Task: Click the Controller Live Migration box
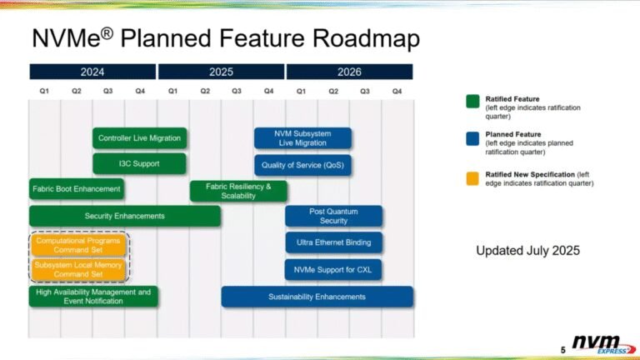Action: click(x=139, y=138)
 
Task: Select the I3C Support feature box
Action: click(x=139, y=164)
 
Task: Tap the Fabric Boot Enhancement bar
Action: click(x=76, y=189)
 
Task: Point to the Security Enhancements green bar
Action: click(x=125, y=216)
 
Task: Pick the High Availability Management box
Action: click(x=93, y=296)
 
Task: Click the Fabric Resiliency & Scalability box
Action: click(x=238, y=191)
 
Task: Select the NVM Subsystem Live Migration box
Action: click(x=302, y=138)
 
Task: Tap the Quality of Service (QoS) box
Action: click(x=302, y=164)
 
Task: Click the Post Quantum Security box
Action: click(x=333, y=216)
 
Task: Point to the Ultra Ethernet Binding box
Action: click(x=333, y=242)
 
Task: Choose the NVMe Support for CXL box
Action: click(x=333, y=270)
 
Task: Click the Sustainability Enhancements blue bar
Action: click(x=317, y=297)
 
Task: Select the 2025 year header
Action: click(x=221, y=72)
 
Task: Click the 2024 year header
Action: click(x=92, y=72)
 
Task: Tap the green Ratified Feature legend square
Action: click(x=471, y=101)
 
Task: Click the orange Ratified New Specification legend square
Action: click(x=471, y=177)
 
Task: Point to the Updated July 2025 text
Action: click(x=527, y=250)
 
